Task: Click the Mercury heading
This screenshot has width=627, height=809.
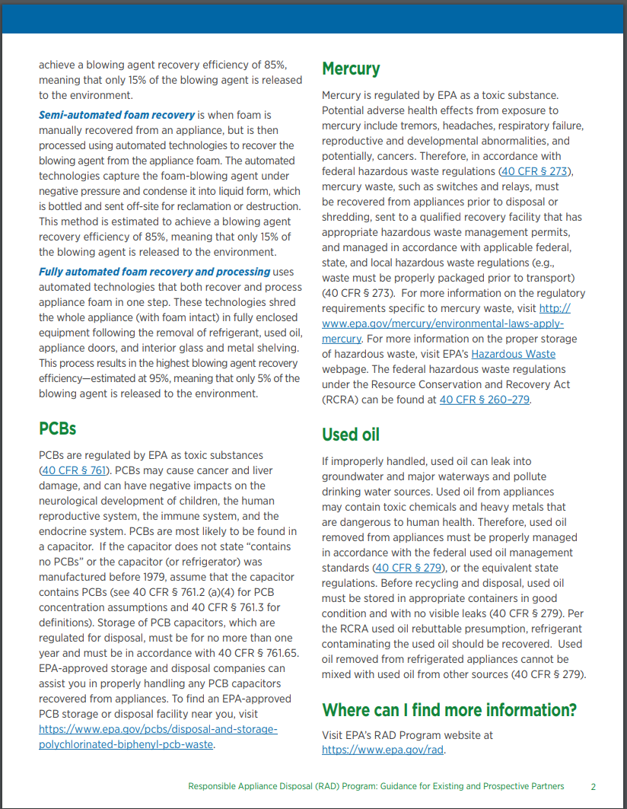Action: coord(351,69)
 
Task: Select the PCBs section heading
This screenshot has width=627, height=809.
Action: coord(58,428)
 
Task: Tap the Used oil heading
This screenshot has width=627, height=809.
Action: coord(351,435)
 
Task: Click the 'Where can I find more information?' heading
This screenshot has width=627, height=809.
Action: coord(449,710)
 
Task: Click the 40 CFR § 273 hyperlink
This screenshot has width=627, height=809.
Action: coord(535,171)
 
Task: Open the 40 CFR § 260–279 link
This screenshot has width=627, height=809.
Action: coord(484,400)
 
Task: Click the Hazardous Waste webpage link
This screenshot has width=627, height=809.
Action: coord(513,354)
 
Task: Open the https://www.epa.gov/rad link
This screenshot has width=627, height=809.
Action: coord(382,750)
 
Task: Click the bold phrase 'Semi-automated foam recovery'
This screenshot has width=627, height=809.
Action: coord(116,115)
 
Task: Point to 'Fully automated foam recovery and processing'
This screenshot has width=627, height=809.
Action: coord(154,272)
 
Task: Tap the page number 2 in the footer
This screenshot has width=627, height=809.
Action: coord(593,786)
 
